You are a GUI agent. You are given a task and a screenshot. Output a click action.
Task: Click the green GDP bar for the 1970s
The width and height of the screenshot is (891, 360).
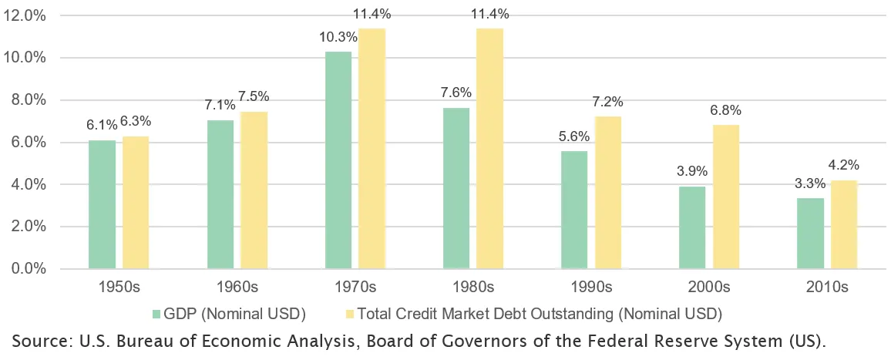[x=338, y=160]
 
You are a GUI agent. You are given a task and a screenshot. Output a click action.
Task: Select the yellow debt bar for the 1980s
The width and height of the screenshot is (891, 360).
[x=489, y=149]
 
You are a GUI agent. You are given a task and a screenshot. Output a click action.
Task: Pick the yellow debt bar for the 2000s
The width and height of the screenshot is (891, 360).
[x=726, y=197]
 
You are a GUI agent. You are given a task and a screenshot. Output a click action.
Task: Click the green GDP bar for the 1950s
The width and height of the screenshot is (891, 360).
[x=103, y=204]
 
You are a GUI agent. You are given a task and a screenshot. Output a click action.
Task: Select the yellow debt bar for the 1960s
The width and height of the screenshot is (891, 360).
[x=254, y=190]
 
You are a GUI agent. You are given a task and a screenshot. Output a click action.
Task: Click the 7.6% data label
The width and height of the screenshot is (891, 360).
[x=456, y=93]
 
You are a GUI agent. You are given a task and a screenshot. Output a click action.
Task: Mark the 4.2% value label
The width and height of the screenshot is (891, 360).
[x=843, y=164]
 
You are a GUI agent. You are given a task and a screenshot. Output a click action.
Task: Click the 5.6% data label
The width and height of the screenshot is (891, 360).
[x=573, y=136]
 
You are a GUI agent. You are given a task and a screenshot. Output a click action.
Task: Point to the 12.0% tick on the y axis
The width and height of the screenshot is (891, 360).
[x=25, y=15]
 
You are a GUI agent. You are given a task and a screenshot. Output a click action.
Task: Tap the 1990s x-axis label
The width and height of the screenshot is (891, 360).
[x=591, y=287]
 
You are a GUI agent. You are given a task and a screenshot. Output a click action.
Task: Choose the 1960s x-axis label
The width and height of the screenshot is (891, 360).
[x=237, y=287]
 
